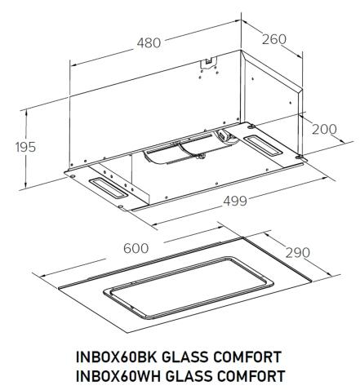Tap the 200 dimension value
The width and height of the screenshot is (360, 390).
click(324, 129)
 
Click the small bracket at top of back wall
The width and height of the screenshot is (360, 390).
click(210, 62)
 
